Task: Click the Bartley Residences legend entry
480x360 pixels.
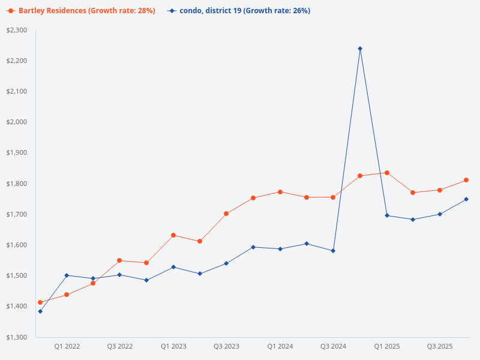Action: point(80,11)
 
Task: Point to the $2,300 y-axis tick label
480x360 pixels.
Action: point(17,30)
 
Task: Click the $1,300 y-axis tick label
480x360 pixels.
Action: point(17,337)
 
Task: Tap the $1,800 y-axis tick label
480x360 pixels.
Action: point(17,184)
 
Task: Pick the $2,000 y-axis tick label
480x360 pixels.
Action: point(17,122)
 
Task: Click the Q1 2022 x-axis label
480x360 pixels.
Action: point(67,346)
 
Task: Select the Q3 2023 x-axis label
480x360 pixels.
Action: point(226,346)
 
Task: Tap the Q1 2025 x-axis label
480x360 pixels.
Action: point(387,346)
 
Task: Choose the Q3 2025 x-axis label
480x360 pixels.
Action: point(440,346)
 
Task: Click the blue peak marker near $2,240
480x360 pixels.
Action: point(360,49)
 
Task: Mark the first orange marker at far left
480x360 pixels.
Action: point(40,302)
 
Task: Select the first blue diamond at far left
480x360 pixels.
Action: point(40,311)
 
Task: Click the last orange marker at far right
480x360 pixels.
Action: point(466,180)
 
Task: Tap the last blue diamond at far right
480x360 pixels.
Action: point(466,199)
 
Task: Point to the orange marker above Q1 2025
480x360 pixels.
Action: point(387,173)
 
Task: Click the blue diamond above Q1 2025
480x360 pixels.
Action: point(387,215)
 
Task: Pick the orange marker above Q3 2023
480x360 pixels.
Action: point(226,214)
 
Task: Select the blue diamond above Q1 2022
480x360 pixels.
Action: point(67,275)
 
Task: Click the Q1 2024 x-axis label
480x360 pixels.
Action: point(280,346)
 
